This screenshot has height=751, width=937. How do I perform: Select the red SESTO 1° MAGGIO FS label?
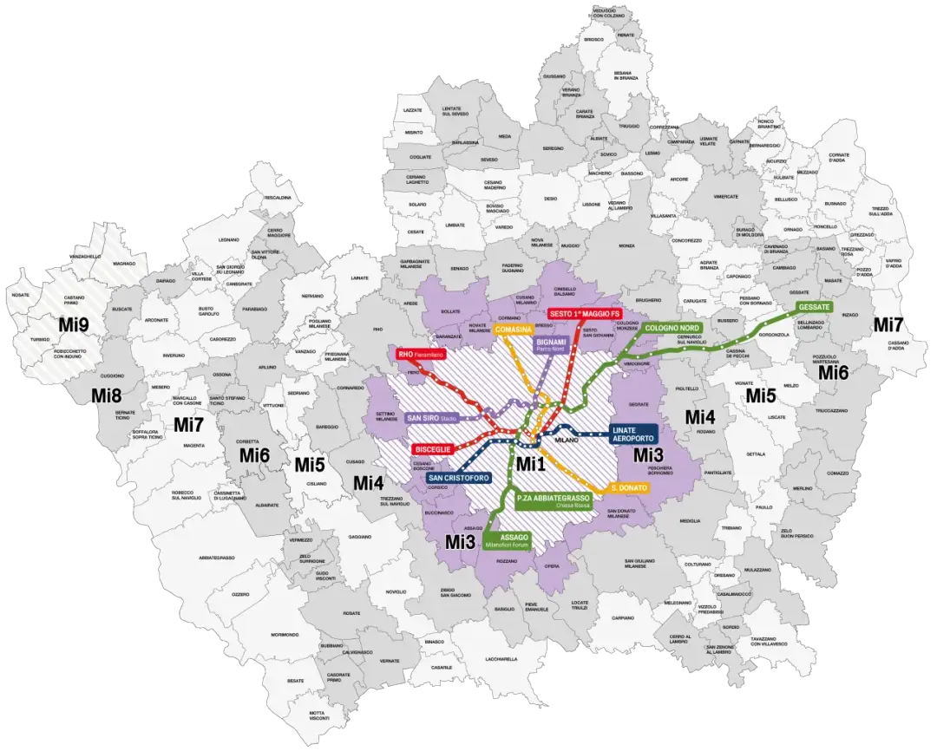point(584,313)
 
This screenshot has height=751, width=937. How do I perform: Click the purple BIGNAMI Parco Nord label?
point(550,344)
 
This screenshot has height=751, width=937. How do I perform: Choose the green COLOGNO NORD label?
point(672,329)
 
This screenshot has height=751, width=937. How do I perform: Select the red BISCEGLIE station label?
point(432,449)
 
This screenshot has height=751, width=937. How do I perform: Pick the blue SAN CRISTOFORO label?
point(458,478)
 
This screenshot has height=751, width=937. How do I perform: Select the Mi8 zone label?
point(106,396)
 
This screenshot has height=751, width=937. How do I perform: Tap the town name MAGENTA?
point(193,446)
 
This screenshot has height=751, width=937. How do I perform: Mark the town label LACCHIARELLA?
point(501,659)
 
